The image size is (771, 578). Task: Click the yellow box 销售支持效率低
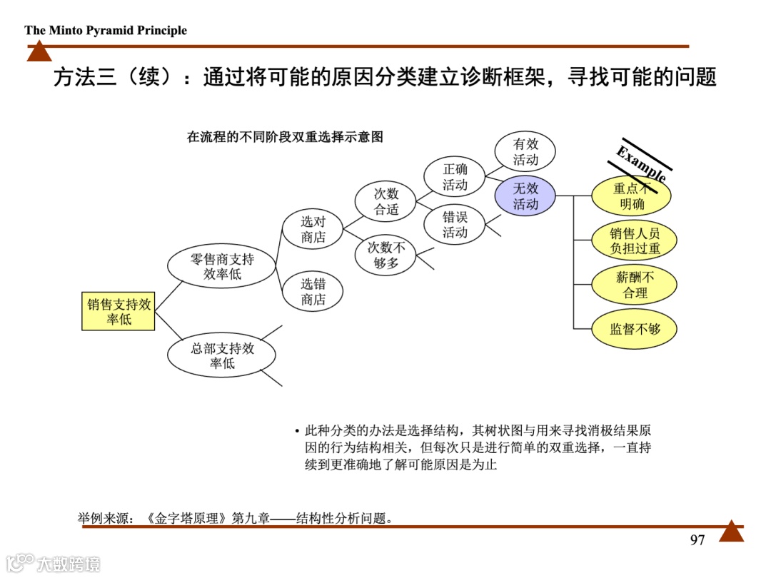[x=119, y=312]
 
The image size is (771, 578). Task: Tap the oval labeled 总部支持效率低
[x=222, y=355]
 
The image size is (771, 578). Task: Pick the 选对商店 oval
[x=313, y=230]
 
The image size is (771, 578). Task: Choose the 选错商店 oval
[x=313, y=292]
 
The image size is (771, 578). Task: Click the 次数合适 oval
[x=386, y=201]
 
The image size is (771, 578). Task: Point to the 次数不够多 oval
[x=386, y=255]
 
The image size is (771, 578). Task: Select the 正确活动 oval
[x=455, y=177]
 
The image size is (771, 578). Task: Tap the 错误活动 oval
[x=455, y=225]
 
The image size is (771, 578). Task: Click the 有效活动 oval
[x=525, y=151]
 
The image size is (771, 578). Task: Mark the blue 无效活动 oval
[x=525, y=196]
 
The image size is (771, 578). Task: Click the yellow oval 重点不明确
[x=632, y=196]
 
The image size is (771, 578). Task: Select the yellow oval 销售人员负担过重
[x=635, y=240]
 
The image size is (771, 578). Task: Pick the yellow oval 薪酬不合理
[x=635, y=285]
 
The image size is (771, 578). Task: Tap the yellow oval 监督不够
[x=635, y=329]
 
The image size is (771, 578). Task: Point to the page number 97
[x=697, y=540]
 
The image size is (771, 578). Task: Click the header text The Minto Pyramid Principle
[x=106, y=30]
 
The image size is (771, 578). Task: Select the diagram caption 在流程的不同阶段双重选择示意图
[x=285, y=137]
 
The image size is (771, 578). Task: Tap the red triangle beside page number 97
[x=731, y=532]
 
